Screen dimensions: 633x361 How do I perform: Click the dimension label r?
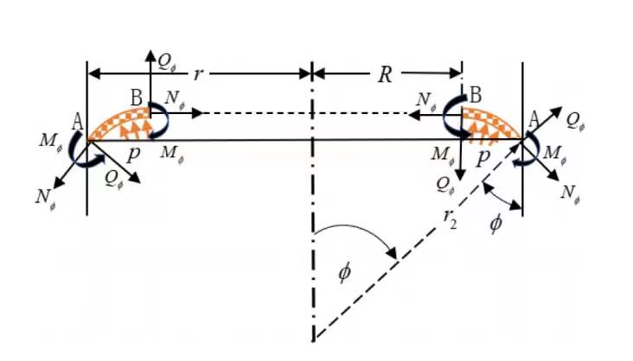197,74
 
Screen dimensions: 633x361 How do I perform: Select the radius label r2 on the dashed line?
451,218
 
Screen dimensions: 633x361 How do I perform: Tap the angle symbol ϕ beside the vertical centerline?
344,273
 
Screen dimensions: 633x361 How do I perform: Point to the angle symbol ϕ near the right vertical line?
496,223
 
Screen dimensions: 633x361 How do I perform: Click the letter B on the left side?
137,98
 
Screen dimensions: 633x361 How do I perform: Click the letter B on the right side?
476,96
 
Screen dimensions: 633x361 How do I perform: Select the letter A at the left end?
78,122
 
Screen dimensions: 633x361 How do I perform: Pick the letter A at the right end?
534,120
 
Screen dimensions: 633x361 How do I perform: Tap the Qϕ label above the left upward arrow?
166,62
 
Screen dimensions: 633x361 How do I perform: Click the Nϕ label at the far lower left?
46,198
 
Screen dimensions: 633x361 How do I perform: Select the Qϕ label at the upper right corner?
575,121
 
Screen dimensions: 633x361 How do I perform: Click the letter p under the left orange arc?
133,154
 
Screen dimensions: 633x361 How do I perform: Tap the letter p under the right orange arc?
483,159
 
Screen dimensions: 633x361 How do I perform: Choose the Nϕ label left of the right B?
427,99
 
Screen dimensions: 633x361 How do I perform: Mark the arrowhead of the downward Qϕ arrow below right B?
460,175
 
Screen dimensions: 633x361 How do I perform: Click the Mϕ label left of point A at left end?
51,141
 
